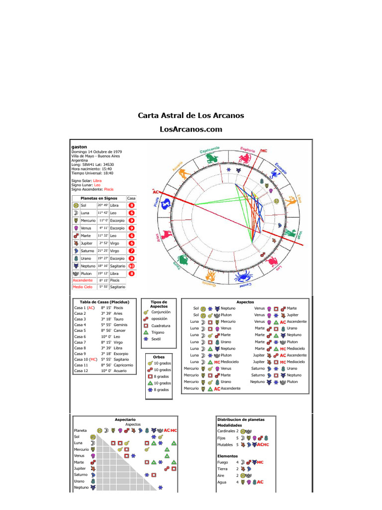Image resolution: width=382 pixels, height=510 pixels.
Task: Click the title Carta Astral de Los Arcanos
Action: point(191,116)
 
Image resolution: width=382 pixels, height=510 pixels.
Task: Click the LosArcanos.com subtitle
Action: point(191,129)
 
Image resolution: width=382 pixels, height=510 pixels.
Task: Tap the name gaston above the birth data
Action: point(79,147)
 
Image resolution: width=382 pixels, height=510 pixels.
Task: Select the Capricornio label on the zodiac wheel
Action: point(209,150)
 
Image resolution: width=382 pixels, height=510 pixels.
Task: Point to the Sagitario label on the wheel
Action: point(248,149)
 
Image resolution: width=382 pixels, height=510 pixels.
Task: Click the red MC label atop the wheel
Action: point(264,150)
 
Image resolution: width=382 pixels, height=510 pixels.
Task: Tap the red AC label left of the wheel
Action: point(156,191)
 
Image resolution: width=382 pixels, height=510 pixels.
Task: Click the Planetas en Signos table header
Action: point(99,198)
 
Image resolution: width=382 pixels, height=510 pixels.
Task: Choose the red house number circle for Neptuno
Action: point(132,266)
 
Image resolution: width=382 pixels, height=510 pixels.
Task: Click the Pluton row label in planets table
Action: point(87,274)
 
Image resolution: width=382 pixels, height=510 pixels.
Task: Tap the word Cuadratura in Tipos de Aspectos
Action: point(160,325)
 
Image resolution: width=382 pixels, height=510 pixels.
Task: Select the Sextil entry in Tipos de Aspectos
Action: point(156,339)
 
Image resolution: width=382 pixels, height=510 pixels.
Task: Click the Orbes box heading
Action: point(159,357)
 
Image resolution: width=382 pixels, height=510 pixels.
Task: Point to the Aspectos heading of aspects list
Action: point(245,302)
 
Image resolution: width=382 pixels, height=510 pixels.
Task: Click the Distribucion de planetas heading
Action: point(241,419)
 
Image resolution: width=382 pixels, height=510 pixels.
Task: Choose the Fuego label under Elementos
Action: point(223,462)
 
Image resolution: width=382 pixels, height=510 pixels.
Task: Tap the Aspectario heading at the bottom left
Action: point(125,419)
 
